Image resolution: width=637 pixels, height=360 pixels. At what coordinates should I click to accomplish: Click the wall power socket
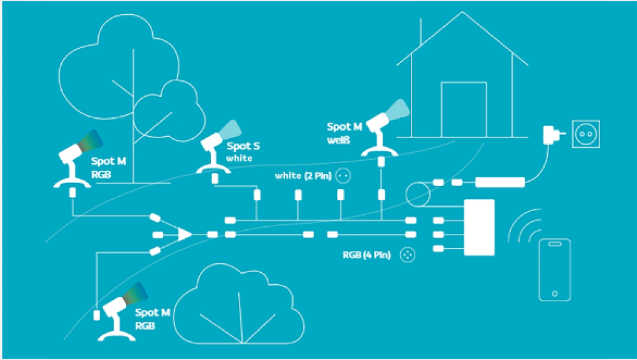click(x=585, y=134)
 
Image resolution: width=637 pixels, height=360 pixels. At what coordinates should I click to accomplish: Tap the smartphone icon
click(x=554, y=269)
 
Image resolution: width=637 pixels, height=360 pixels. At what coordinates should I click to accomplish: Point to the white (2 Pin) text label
click(x=303, y=175)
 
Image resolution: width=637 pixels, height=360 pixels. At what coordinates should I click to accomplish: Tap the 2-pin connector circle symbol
click(x=343, y=175)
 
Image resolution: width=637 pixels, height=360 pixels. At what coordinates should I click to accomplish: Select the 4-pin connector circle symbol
click(x=407, y=255)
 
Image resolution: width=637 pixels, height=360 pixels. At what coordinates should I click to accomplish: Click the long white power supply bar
click(x=500, y=183)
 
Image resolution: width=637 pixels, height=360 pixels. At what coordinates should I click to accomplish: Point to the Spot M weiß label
click(x=345, y=133)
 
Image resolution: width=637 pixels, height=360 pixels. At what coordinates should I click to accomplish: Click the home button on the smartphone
click(x=554, y=294)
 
